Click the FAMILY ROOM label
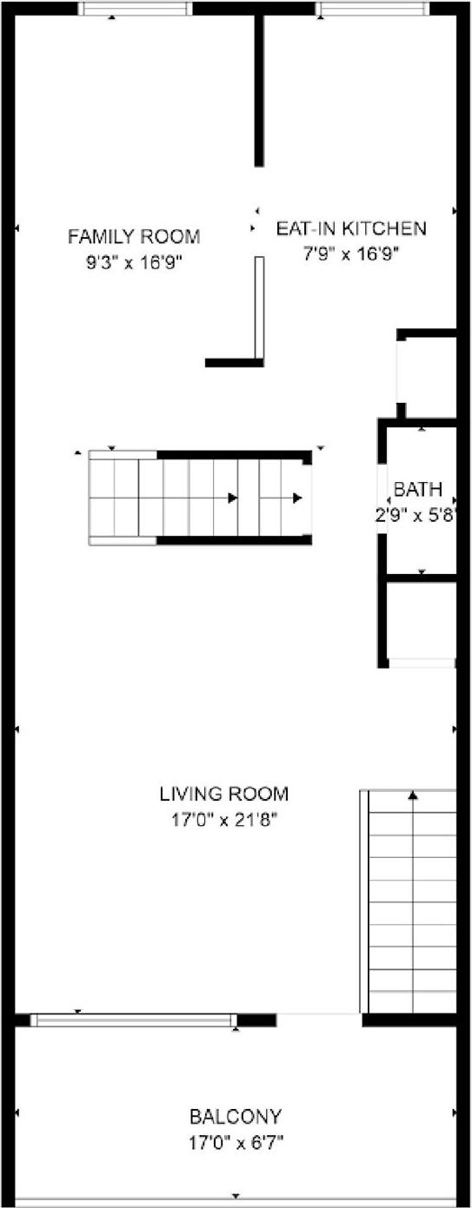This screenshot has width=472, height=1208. coord(134,236)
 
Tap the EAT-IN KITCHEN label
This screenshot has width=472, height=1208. coord(351,228)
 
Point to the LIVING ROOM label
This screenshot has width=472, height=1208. coord(223,793)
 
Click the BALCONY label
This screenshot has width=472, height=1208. coord(236,1117)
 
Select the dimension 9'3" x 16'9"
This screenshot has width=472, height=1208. coord(134,261)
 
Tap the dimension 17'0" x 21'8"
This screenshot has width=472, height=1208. coord(223,818)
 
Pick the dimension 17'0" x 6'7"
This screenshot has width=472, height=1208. coord(236,1143)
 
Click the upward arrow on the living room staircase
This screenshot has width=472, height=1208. coord(414,794)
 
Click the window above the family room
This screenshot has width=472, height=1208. coord(135,9)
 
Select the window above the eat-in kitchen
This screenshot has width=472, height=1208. coord(372,9)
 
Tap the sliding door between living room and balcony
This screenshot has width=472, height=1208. coord(134,1020)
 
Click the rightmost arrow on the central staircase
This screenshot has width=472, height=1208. coord(297,498)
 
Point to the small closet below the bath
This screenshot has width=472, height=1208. coord(422,621)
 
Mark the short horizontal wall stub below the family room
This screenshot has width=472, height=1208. coord(234,362)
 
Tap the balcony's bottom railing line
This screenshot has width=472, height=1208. coord(236,1203)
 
